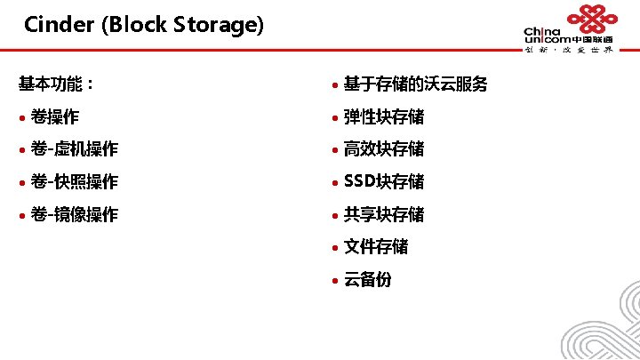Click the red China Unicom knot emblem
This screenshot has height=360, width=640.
point(592,20)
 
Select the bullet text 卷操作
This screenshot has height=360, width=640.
point(55,117)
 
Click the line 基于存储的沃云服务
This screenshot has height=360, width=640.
point(415,84)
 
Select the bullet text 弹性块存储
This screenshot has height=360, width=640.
point(384,117)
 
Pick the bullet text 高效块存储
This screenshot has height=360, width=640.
point(384,149)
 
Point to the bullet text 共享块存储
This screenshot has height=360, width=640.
point(384,214)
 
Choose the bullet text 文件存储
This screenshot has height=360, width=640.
point(376,246)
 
